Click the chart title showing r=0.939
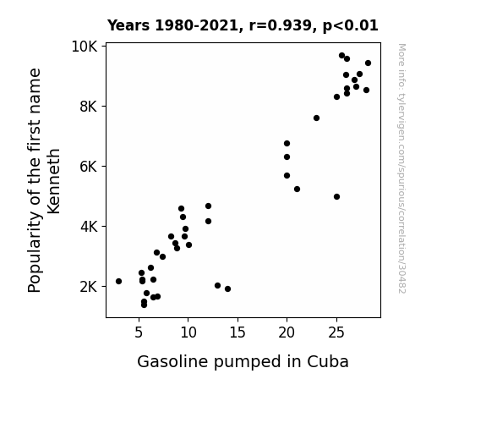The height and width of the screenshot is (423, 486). pos(243,25)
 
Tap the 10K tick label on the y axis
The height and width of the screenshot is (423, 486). pos(85,47)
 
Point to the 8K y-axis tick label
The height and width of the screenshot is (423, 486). pos(89,107)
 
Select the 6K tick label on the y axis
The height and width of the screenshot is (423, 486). pos(89,167)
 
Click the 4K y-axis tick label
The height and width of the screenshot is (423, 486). pos(89,227)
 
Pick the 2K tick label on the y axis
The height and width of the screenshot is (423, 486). pos(89,287)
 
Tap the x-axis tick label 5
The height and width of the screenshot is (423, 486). pos(139,332)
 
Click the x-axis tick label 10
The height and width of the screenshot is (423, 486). pos(188,332)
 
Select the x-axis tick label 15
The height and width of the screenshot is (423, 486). pos(238,332)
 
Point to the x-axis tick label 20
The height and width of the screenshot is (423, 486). pos(287,332)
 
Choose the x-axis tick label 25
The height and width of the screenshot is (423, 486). pos(336,332)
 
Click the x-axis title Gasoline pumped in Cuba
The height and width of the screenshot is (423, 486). pos(243,362)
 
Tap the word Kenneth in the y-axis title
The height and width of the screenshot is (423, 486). pos(53,181)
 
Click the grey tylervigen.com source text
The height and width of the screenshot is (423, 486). pos(401,168)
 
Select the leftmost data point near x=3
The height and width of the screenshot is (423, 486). pos(118,281)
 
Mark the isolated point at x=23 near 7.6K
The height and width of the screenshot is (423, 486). pos(316,118)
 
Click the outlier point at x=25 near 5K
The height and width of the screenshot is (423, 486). pos(337,197)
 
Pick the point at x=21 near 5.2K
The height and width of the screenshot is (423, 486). pos(297,189)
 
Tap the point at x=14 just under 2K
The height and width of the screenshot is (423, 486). pos(228,289)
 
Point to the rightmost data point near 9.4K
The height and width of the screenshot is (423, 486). pos(368,63)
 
